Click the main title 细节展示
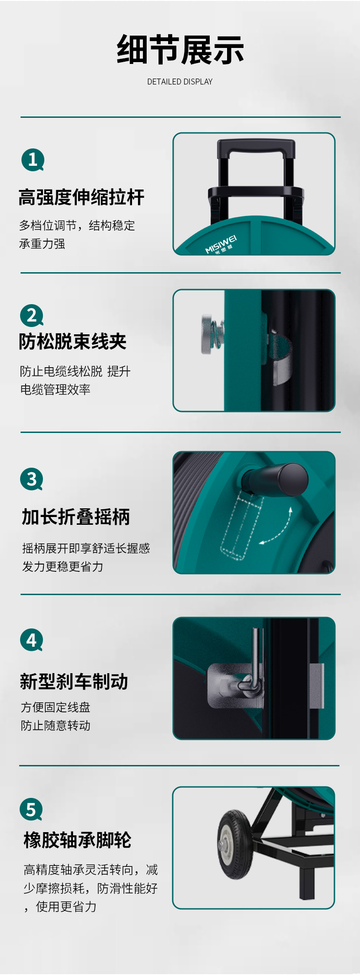(x=180, y=50)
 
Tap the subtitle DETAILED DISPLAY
(x=180, y=82)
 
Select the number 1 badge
(x=32, y=160)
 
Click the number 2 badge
(x=32, y=316)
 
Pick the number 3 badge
(x=32, y=479)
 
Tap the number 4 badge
(x=32, y=640)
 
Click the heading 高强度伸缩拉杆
(x=81, y=197)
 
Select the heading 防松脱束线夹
(x=73, y=342)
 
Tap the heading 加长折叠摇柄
(x=76, y=517)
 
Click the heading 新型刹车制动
(x=74, y=681)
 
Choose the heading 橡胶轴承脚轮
(x=78, y=840)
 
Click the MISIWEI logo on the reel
(x=221, y=245)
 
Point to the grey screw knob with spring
(x=212, y=334)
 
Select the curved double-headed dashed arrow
(x=282, y=530)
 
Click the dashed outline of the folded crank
(x=242, y=527)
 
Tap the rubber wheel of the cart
(x=235, y=844)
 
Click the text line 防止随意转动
(x=56, y=725)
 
